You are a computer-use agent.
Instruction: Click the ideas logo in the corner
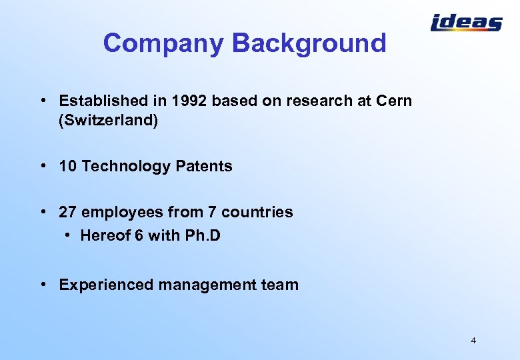[466, 23]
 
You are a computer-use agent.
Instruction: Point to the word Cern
[394, 101]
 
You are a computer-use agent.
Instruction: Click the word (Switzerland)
[109, 122]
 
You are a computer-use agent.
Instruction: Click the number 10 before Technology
[67, 167]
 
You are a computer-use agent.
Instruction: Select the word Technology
[125, 167]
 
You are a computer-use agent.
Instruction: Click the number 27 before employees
[67, 212]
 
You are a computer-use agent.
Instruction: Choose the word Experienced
[107, 285]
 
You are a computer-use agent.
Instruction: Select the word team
[282, 285]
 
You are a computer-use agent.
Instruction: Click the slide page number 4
[473, 341]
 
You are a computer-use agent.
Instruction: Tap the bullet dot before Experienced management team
[43, 285]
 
